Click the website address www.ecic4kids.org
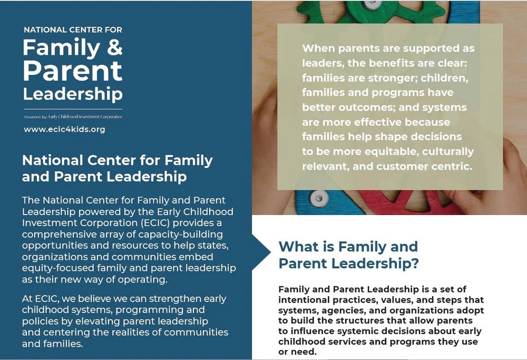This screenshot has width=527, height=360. (64, 129)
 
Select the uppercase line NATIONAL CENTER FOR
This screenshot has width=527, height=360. (73, 30)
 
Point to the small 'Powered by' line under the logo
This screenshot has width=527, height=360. (73, 116)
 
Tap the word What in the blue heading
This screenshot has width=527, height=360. (299, 247)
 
